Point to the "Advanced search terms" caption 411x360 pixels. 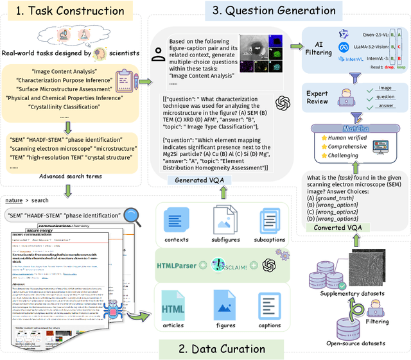(71, 176)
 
